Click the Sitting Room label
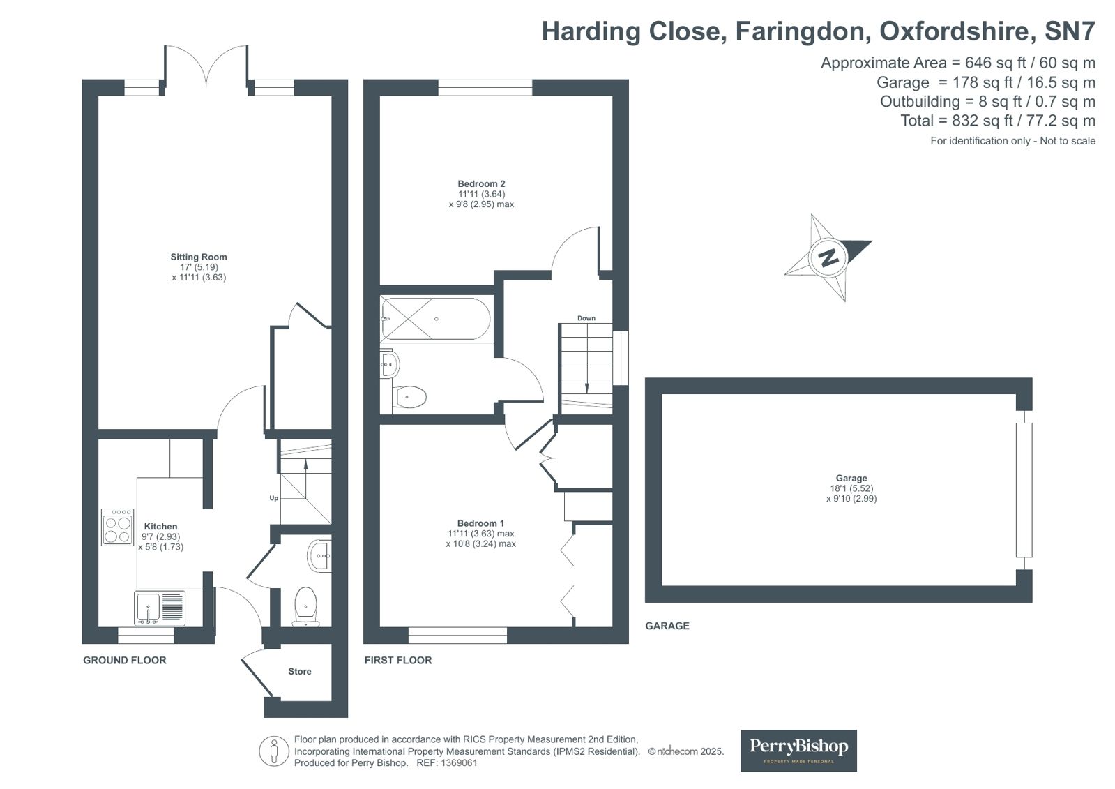199,257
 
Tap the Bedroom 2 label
481,184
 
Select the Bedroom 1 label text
480,523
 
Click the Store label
300,671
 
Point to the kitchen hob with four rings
117,527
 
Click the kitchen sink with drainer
160,608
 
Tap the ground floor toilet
306,605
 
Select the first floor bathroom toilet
411,397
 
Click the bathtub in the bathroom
436,319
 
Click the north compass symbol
828,257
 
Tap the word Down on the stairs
586,318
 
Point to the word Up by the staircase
274,498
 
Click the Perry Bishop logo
798,750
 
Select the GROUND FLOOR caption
125,660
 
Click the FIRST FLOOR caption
398,660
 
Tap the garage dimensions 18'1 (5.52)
851,488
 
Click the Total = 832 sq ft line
997,121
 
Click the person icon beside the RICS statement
274,751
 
